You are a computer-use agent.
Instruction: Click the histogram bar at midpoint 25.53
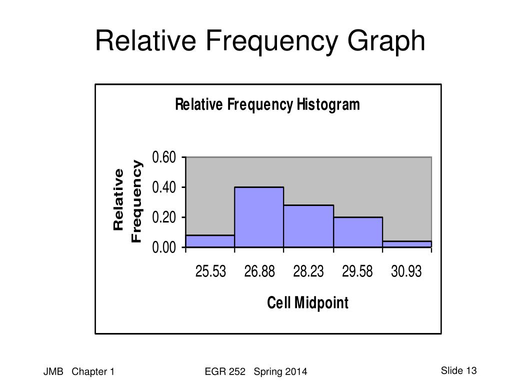pos(210,241)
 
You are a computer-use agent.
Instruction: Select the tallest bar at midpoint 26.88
pos(259,217)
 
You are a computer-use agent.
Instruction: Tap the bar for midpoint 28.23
pos(308,226)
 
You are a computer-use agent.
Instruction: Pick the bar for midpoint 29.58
pos(358,232)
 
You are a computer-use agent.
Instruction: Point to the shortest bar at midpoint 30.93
pos(407,244)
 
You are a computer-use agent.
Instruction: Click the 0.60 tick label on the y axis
pos(164,157)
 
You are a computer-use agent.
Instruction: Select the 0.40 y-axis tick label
pos(164,187)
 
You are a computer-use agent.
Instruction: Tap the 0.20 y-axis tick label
pos(164,217)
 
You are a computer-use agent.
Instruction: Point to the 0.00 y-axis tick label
pos(164,247)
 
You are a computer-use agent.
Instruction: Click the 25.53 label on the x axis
pos(210,271)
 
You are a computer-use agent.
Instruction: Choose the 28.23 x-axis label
pos(308,271)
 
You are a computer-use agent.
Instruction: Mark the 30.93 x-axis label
pos(406,271)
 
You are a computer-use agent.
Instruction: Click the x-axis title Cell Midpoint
pos(308,302)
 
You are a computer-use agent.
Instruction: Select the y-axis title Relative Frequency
pos(127,201)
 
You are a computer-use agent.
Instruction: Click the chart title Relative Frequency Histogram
pos(267,105)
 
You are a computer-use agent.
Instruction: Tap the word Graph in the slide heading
pos(386,41)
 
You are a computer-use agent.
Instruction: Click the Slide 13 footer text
pos(459,370)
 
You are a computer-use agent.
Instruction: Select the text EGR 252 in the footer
pos(225,371)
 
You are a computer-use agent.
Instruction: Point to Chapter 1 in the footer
pos(93,371)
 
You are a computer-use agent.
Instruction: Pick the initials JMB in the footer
pos(53,371)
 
